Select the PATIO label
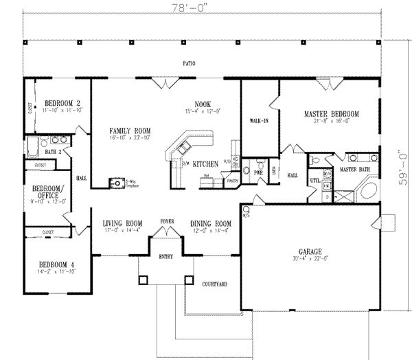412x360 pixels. (189, 64)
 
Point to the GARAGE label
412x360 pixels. (308, 252)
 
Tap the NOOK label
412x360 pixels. (202, 104)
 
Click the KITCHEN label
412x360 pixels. (205, 164)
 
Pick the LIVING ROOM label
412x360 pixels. (122, 223)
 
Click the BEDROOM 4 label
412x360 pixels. (51, 265)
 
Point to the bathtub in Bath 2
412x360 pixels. (32, 147)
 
